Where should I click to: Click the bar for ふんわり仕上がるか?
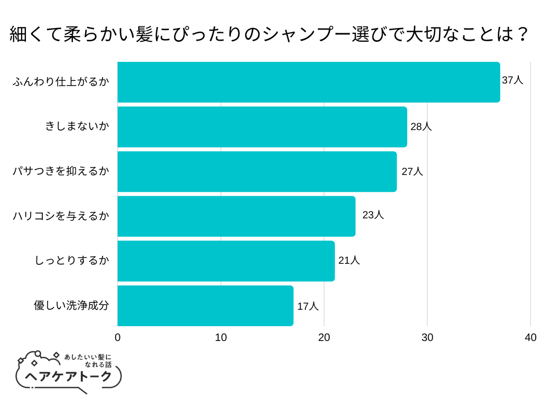[x=309, y=82]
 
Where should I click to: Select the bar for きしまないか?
[x=262, y=127]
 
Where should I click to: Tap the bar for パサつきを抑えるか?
[x=257, y=171]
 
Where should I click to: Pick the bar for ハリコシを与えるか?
[x=236, y=216]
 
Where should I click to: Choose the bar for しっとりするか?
[x=226, y=261]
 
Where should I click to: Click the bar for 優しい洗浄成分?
[x=205, y=306]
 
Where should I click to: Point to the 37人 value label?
[x=512, y=80]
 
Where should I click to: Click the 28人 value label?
[x=421, y=127]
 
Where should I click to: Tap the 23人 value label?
[x=373, y=215]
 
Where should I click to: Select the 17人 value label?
[x=308, y=306]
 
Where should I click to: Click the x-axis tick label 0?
[x=117, y=338]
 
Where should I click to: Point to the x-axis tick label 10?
[x=221, y=338]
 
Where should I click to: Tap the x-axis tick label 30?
[x=427, y=338]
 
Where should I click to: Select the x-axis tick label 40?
[x=530, y=338]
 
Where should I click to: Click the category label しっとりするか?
[x=72, y=261]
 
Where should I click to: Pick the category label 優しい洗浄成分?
[x=71, y=306]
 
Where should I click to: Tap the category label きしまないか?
[x=77, y=127]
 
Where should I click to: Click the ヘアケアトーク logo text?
[x=69, y=376]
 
